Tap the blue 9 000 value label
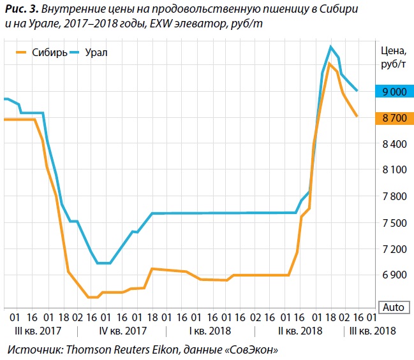[x=394, y=92]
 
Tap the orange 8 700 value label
[x=394, y=118]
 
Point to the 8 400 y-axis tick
[x=394, y=144]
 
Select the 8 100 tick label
[x=394, y=170]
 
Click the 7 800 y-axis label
[x=394, y=196]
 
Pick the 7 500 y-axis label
[x=394, y=222]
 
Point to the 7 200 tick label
[x=394, y=248]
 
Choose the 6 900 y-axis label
[x=394, y=275]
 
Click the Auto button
[x=393, y=307]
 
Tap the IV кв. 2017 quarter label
[x=123, y=331]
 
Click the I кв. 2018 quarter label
[x=210, y=331]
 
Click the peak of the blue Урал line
[x=330, y=47]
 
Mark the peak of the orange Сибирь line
[x=329, y=64]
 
